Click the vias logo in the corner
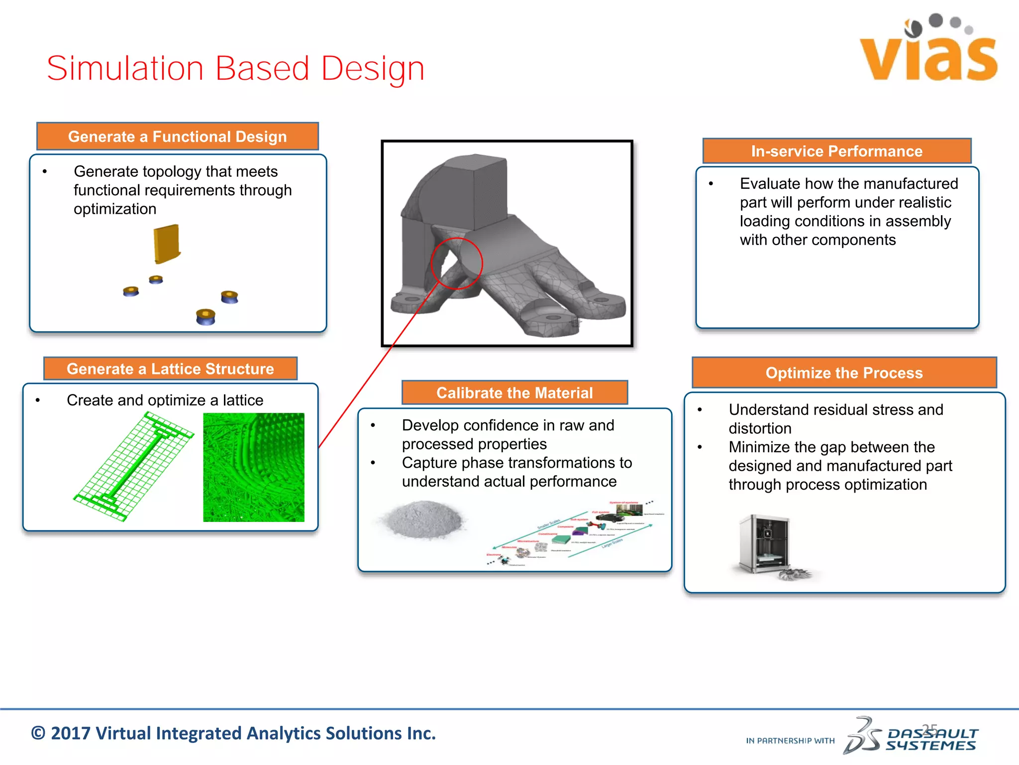point(928,50)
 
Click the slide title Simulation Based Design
point(235,68)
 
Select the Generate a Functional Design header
point(178,136)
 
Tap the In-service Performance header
point(836,151)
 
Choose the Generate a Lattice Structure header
point(170,369)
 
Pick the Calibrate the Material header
point(514,392)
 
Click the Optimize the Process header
point(844,373)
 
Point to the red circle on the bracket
point(456,263)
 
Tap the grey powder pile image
point(423,519)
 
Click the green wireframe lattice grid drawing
point(133,467)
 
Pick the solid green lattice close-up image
point(253,467)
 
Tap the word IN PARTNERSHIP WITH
point(790,741)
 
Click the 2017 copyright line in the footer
point(233,733)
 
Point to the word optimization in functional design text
point(115,209)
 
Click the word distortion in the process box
point(760,428)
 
